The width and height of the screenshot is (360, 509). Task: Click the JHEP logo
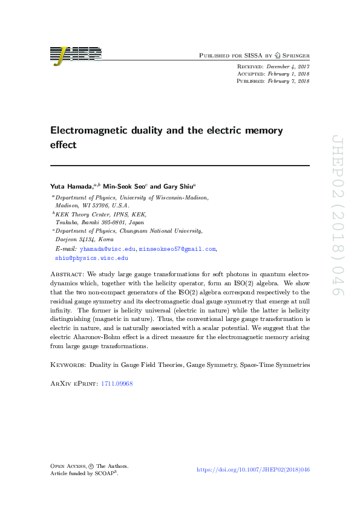(x=76, y=55)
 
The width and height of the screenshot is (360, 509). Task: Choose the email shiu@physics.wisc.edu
(x=91, y=258)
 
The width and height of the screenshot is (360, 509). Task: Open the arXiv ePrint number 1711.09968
(x=116, y=384)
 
